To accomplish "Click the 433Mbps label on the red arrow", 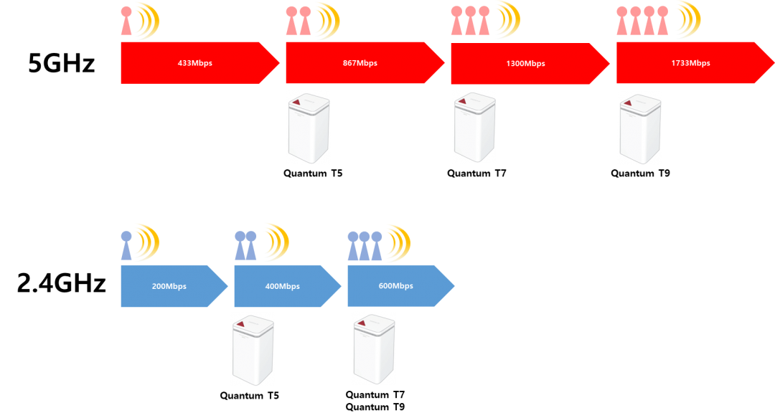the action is tap(194, 63).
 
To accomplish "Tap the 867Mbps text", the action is tap(360, 63).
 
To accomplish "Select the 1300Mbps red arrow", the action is tap(530, 63).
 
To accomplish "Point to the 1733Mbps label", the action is tap(690, 63).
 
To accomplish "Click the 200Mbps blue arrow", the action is tap(174, 286).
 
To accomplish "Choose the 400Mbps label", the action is tap(282, 286).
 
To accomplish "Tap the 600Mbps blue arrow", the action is tap(401, 286).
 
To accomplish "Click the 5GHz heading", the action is tap(61, 63).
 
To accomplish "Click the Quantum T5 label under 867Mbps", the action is tap(313, 174).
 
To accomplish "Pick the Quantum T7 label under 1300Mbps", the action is tap(476, 174).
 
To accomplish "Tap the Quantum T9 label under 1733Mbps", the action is tap(640, 174).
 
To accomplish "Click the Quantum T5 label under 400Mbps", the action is tap(249, 396).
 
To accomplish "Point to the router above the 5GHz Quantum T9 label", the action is tap(640, 129).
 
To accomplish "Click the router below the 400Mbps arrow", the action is tap(253, 351).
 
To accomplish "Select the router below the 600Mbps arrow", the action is tap(374, 349).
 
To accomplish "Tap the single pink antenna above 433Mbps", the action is tap(126, 21).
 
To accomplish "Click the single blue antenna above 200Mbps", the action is tap(126, 245).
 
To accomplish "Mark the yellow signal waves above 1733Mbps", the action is tap(689, 20).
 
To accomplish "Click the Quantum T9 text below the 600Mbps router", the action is tap(375, 407).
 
